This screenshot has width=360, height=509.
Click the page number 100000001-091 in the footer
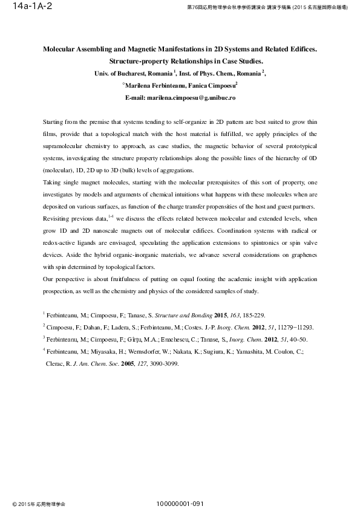[x=180, y=503]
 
